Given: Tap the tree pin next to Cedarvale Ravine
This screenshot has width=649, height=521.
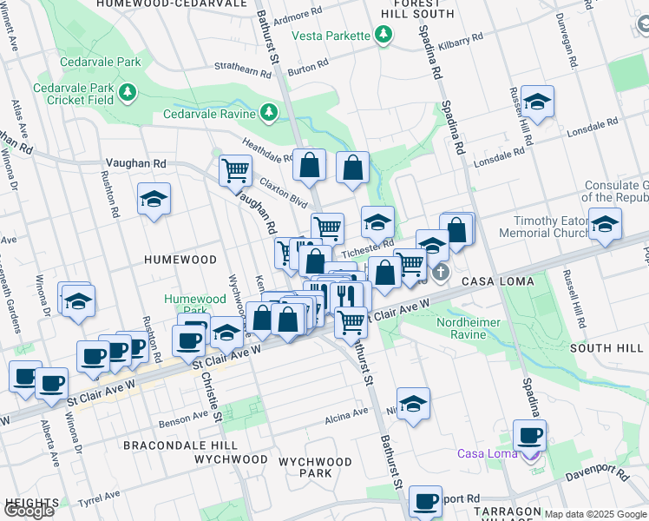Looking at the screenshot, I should click(x=269, y=113).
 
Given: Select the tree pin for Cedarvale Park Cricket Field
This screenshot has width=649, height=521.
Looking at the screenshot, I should click(x=128, y=92).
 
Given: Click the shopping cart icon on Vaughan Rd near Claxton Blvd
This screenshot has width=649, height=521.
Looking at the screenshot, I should click(x=234, y=170).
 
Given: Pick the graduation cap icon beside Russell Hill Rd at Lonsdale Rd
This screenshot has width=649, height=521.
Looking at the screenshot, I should click(x=537, y=103).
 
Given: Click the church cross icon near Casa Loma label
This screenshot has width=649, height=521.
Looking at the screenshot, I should click(x=441, y=274).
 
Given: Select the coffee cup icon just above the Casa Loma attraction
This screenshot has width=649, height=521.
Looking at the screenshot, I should click(x=528, y=434).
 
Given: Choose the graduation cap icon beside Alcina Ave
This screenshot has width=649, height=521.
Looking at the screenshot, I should click(x=414, y=403).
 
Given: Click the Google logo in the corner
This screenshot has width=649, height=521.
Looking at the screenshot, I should click(x=29, y=511).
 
